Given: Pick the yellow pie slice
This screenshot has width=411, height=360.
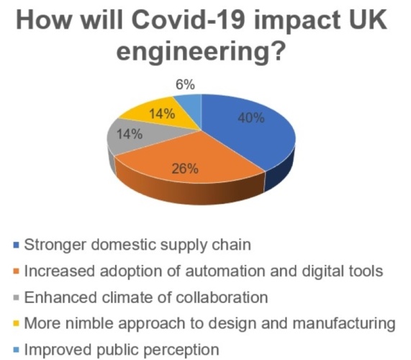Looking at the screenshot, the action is pyautogui.click(x=163, y=114).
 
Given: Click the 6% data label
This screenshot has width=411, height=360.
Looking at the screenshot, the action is pyautogui.click(x=185, y=85).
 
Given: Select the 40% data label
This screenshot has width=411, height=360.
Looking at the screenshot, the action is pyautogui.click(x=251, y=118).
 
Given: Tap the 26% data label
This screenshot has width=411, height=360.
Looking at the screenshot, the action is pyautogui.click(x=185, y=168).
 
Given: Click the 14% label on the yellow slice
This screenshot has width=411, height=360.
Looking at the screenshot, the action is pyautogui.click(x=162, y=114).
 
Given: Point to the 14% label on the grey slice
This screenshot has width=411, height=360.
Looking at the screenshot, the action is pyautogui.click(x=130, y=135).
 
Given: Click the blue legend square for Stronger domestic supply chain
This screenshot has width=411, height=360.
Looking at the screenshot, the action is pyautogui.click(x=17, y=246).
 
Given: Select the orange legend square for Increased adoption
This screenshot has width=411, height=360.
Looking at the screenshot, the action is pyautogui.click(x=17, y=272).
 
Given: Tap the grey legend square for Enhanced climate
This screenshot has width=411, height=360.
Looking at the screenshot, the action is pyautogui.click(x=17, y=298).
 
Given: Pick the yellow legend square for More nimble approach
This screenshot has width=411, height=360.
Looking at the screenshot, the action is pyautogui.click(x=17, y=323).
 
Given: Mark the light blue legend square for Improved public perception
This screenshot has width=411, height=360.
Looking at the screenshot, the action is pyautogui.click(x=17, y=350).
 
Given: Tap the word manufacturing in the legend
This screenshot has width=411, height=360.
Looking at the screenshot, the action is pyautogui.click(x=344, y=323).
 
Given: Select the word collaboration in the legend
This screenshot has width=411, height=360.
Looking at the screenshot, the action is pyautogui.click(x=222, y=297).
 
